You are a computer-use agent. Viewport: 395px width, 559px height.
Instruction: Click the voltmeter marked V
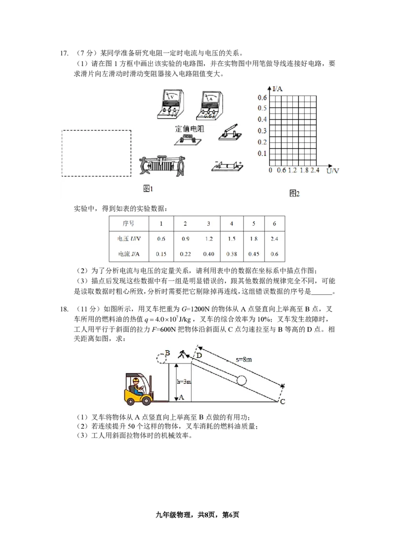[170, 104]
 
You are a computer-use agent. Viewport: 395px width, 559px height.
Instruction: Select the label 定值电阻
[190, 128]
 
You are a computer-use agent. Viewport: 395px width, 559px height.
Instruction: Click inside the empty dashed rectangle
[96, 153]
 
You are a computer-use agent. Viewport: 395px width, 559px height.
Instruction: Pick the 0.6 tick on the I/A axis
[262, 97]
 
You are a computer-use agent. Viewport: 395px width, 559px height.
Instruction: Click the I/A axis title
[277, 88]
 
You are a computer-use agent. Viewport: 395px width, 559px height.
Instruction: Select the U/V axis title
[333, 170]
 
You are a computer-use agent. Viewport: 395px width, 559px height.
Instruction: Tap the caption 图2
[294, 194]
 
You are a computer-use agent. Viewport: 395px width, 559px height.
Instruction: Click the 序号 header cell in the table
[123, 224]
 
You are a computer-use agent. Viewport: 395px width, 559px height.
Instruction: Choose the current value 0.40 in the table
[209, 254]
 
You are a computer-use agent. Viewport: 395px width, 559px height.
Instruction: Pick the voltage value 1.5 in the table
[231, 239]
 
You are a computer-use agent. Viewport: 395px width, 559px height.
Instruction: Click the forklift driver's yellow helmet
[135, 380]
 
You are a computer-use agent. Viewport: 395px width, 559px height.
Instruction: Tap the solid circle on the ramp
[241, 380]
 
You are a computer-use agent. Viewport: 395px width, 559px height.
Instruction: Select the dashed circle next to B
[159, 358]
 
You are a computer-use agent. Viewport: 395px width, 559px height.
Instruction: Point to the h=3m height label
[183, 382]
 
